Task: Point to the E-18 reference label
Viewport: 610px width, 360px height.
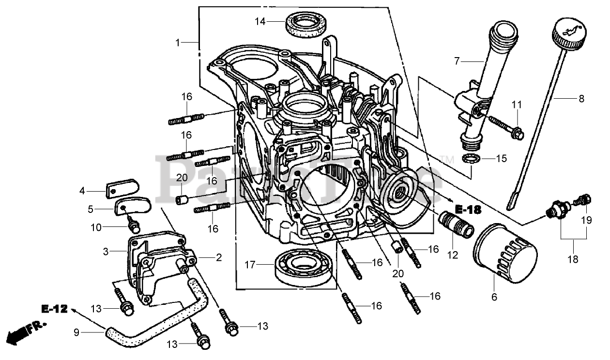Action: [468, 210]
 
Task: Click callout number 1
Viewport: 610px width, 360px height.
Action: [178, 43]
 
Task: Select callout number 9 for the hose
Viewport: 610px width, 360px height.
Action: [76, 332]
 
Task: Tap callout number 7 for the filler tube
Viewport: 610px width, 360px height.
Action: [456, 61]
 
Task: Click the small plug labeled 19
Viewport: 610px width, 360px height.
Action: [582, 200]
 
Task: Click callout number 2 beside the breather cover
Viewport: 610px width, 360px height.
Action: [219, 258]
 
